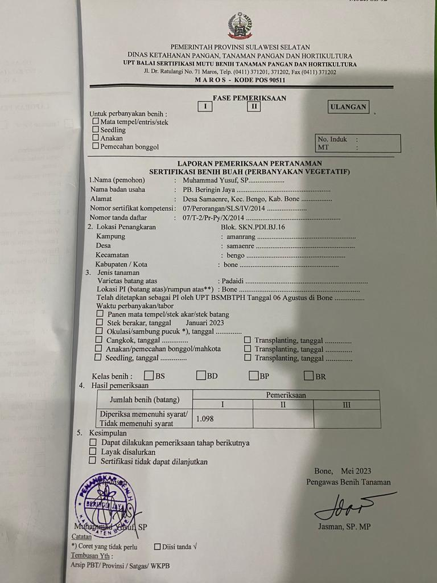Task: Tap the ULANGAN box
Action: point(348,106)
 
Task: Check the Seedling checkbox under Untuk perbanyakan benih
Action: point(96,130)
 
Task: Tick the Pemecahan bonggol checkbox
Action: point(96,146)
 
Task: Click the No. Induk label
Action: point(332,139)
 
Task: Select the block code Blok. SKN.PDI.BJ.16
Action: point(253,227)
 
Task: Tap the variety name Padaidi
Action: point(233,281)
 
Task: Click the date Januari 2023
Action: point(205,322)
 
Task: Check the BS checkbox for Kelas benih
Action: point(149,376)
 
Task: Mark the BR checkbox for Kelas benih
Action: point(309,376)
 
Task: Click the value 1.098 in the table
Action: point(205,419)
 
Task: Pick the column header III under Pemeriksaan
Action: point(347,405)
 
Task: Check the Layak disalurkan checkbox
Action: point(93,451)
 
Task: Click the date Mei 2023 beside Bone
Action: point(356,471)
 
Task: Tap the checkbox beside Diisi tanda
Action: point(158,547)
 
